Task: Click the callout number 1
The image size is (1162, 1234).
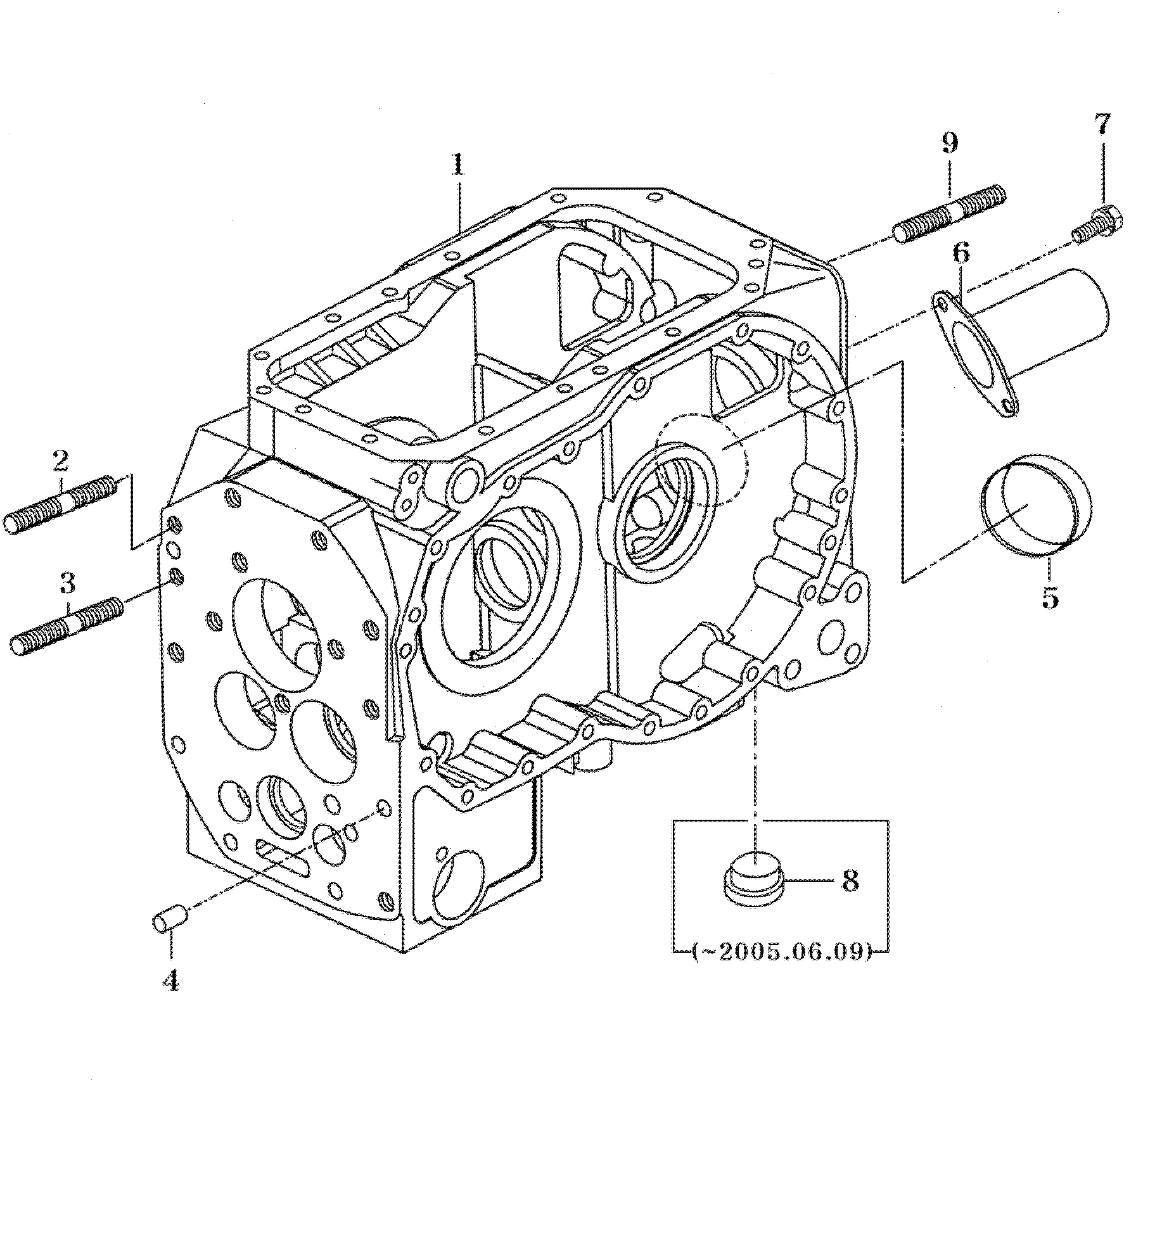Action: (457, 165)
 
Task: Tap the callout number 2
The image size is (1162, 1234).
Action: (61, 461)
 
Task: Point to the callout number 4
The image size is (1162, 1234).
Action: (171, 981)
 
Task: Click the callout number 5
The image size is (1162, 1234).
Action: (1050, 597)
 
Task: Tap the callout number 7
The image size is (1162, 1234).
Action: (1103, 125)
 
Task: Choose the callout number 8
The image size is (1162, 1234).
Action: (850, 880)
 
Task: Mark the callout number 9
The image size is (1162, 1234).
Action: (949, 144)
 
